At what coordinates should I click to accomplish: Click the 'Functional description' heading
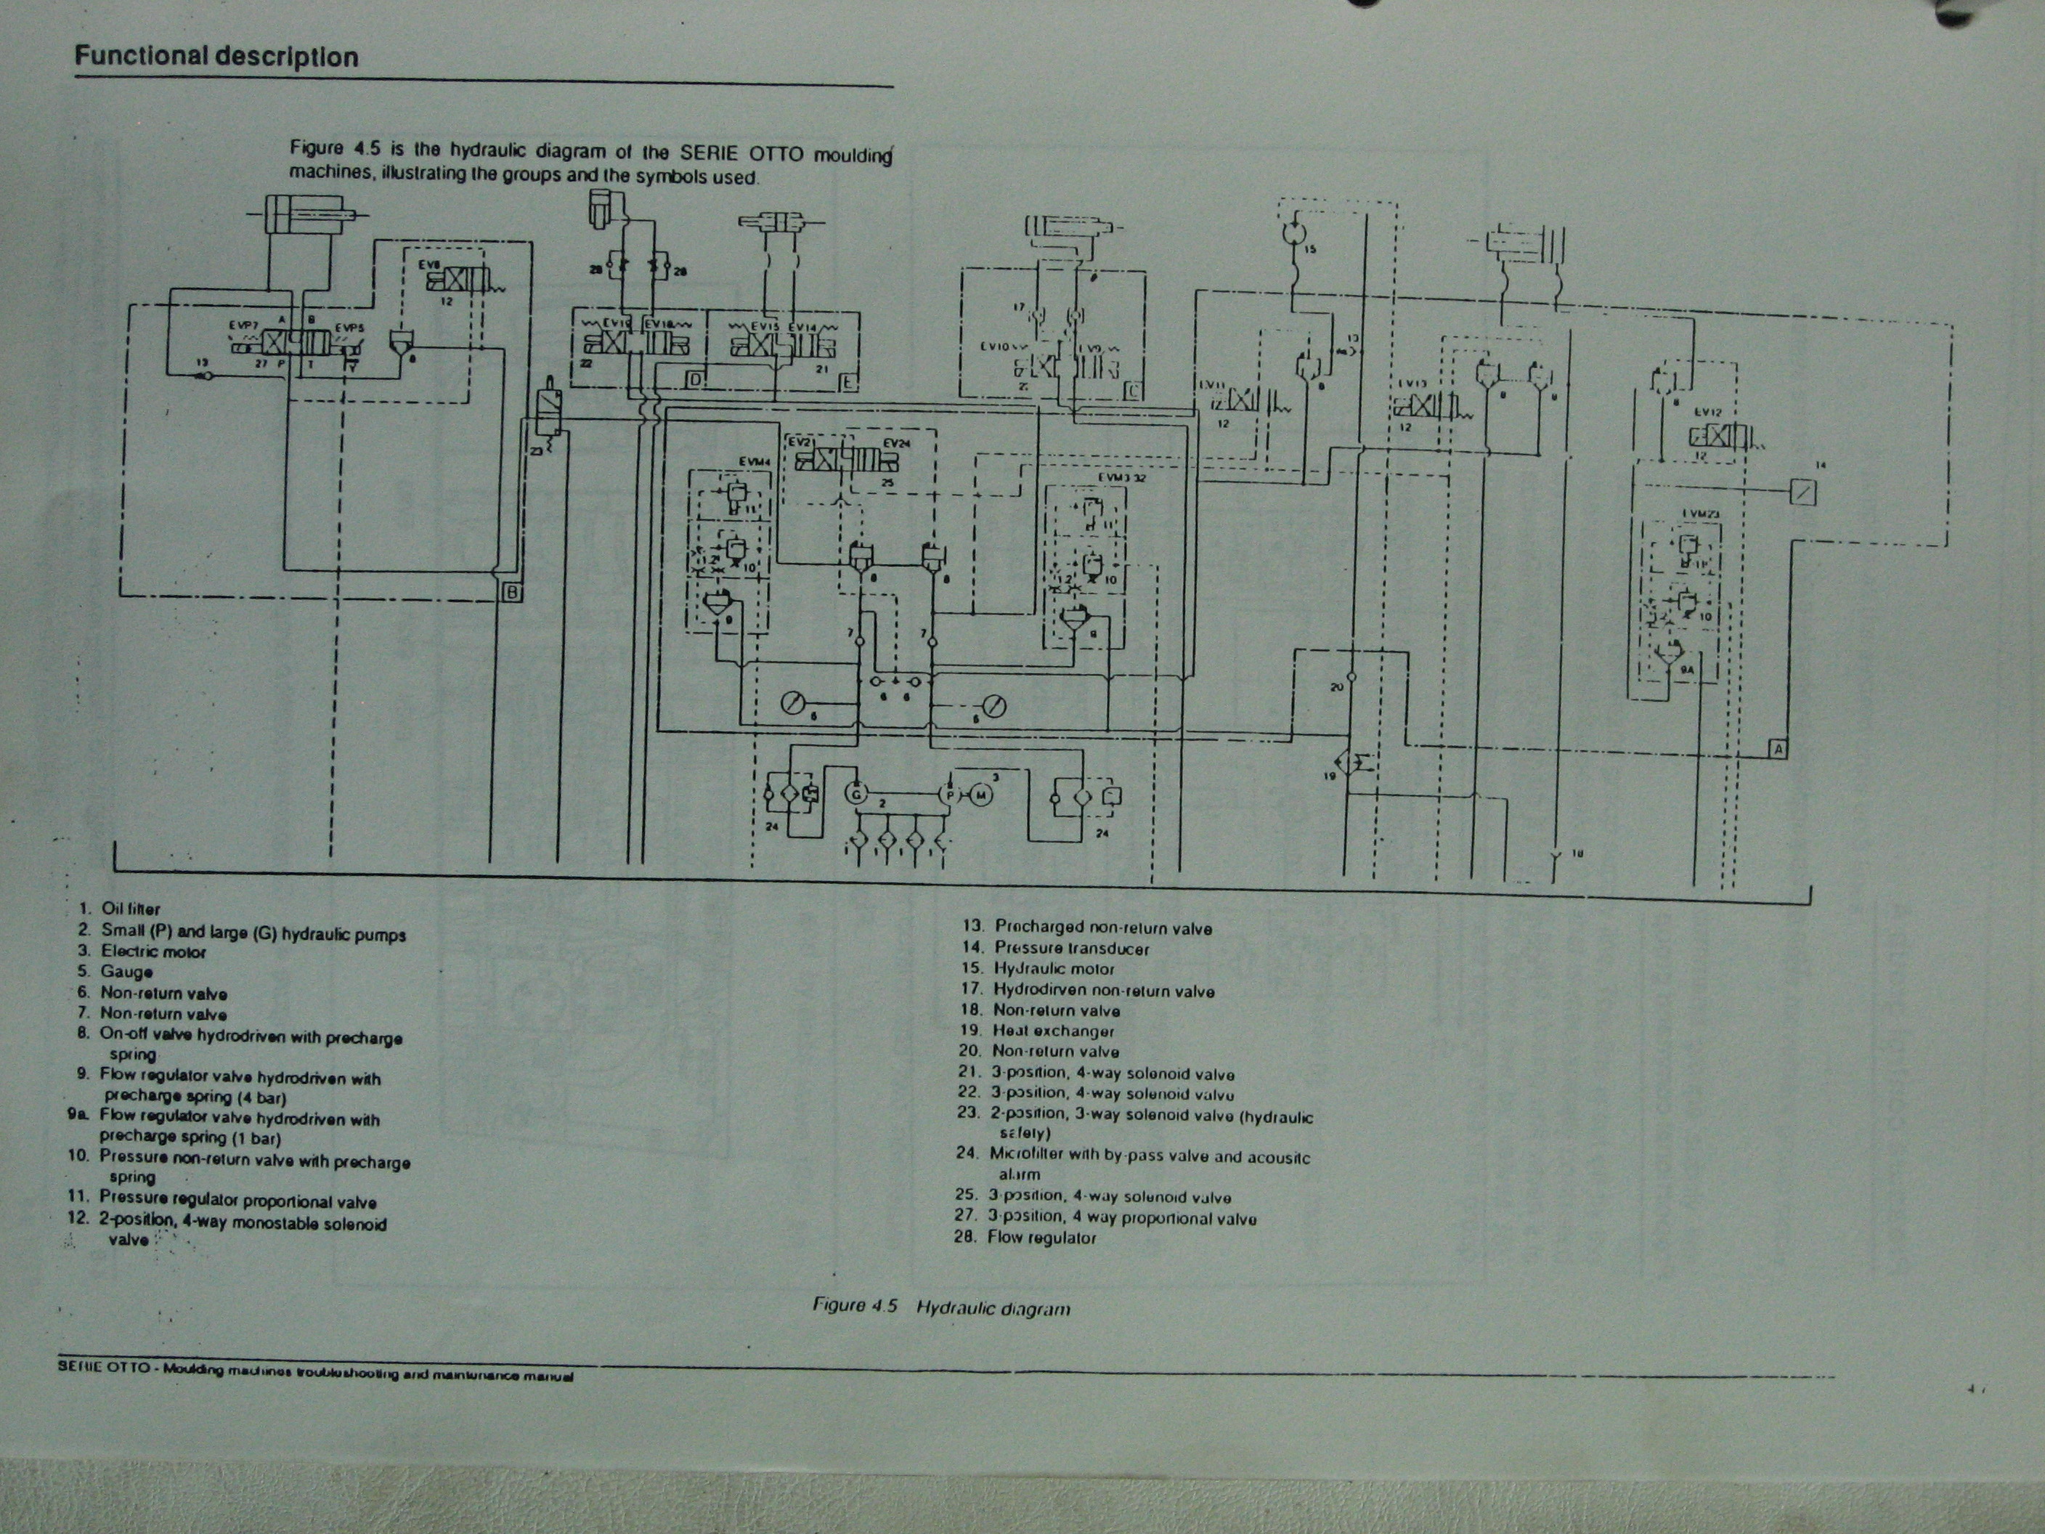pyautogui.click(x=216, y=57)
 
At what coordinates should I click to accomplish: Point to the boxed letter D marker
pyautogui.click(x=695, y=380)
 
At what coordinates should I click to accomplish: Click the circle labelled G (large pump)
pyautogui.click(x=856, y=793)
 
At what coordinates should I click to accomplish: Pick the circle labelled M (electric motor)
pyautogui.click(x=981, y=795)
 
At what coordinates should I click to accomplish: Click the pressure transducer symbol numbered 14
pyautogui.click(x=1802, y=492)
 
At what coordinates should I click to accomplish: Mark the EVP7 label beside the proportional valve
pyautogui.click(x=244, y=325)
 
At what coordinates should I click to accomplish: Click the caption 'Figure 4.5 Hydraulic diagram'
pyautogui.click(x=941, y=1307)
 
